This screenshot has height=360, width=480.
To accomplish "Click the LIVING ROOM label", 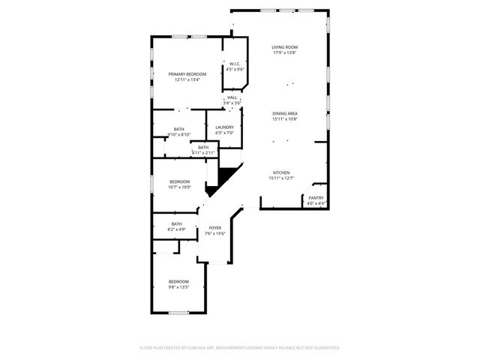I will click(284, 47).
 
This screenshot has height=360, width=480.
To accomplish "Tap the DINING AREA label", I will click(285, 113).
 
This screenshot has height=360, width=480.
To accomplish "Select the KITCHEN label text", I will click(281, 172).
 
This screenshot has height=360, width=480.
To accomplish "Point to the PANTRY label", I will click(316, 198).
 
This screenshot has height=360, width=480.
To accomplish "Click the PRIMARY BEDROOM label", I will click(187, 73).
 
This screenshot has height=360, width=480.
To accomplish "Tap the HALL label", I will click(232, 97).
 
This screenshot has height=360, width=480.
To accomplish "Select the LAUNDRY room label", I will click(224, 127).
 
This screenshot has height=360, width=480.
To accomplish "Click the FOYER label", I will click(215, 228).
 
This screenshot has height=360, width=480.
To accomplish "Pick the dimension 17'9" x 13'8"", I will click(284, 53).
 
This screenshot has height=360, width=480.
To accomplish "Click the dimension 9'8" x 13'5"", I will click(178, 287).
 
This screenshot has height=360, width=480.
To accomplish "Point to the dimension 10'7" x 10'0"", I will click(180, 187).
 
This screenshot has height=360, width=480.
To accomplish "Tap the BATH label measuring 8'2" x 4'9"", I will click(176, 223).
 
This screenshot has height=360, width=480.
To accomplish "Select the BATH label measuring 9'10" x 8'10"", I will click(178, 129).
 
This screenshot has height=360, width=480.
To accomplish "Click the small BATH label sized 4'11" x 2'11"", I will click(203, 147).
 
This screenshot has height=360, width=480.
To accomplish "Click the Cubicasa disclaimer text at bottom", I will click(240, 348).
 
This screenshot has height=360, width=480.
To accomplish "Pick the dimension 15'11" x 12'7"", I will click(281, 178).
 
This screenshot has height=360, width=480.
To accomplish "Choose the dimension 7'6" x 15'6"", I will click(215, 234).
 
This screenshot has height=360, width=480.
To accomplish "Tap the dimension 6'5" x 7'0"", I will click(224, 133).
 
